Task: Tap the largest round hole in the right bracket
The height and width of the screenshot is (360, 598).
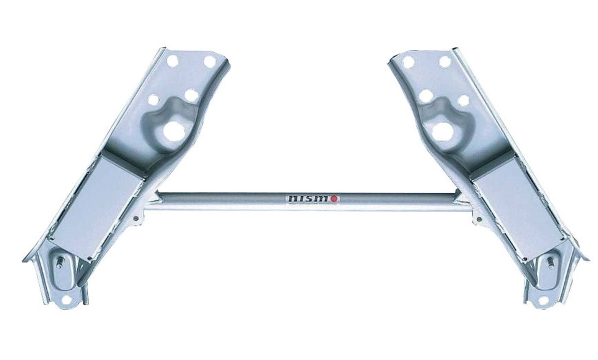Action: tap(442, 131)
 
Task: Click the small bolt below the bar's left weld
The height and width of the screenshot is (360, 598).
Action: tap(135, 218)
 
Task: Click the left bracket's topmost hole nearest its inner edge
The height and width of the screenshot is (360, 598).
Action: tap(210, 61)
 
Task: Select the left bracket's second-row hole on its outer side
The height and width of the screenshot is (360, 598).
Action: tap(153, 99)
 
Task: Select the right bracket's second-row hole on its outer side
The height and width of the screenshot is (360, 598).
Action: tap(463, 100)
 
